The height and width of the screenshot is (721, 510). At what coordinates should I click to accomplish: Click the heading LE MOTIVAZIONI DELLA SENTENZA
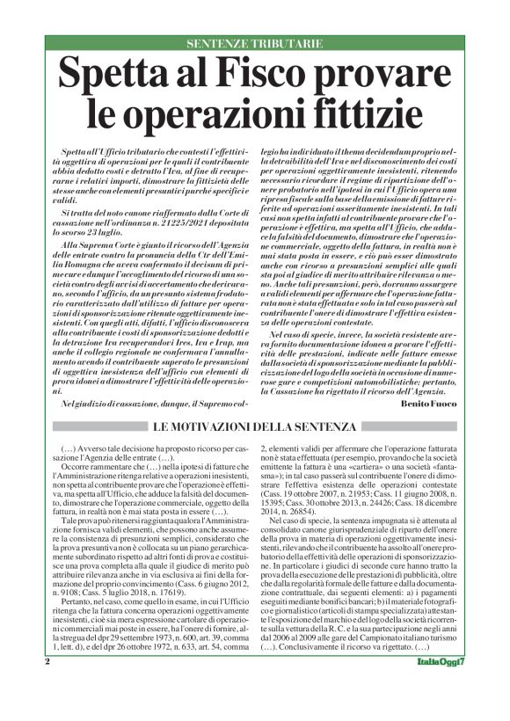(256, 426)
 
